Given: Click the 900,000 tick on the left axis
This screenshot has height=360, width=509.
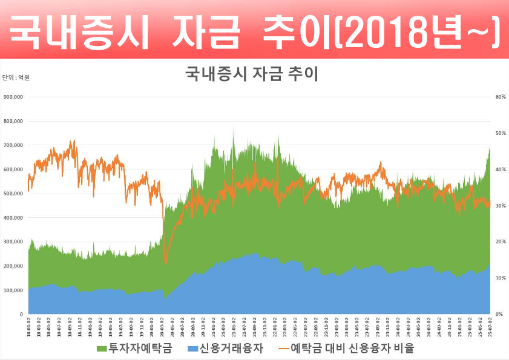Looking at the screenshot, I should click(x=13, y=97).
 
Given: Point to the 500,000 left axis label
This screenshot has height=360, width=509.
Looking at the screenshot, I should click(x=13, y=194).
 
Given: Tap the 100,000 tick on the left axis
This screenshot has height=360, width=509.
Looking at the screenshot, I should click(x=13, y=290).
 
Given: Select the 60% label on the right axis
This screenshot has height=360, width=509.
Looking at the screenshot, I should click(x=501, y=97).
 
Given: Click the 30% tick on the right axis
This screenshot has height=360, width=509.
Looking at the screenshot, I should click(x=501, y=206).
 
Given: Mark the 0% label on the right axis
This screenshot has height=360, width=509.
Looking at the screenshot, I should click(x=499, y=315).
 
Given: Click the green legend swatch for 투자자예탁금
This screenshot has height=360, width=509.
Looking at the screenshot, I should click(x=102, y=349).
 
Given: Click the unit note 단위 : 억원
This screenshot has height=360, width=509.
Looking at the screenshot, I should click(x=16, y=77).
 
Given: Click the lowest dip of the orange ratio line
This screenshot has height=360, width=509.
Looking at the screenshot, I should click(x=166, y=263).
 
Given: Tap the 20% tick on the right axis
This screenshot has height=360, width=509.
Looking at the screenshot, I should click(x=501, y=242).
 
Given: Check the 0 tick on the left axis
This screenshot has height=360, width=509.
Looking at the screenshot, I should click(x=21, y=315).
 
